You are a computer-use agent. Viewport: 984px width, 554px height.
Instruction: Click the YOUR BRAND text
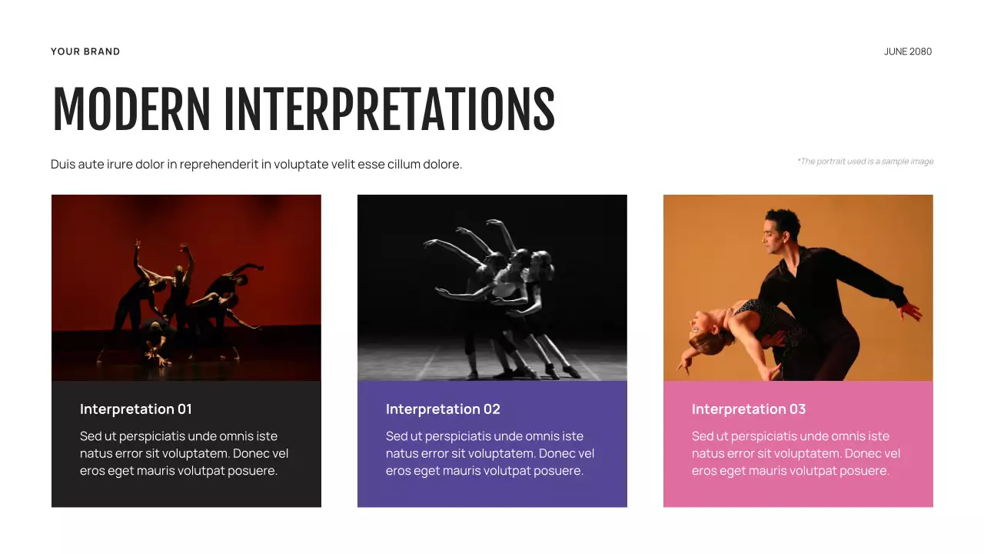[x=85, y=52]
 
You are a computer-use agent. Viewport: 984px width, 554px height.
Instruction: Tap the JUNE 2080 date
[x=907, y=52]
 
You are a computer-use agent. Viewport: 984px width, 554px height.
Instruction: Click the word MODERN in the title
[x=131, y=110]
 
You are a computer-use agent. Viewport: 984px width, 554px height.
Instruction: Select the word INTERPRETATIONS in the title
[x=389, y=110]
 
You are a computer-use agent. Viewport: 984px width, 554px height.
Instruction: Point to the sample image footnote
[x=865, y=162]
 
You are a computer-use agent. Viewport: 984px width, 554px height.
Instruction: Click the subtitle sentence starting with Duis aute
[x=256, y=165]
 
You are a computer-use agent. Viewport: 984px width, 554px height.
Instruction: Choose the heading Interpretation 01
[x=135, y=409]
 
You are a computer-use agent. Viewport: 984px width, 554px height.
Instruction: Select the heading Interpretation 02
[x=442, y=409]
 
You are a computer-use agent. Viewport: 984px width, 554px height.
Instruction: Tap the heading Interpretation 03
[x=748, y=409]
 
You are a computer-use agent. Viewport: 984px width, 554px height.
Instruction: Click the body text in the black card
[x=184, y=453]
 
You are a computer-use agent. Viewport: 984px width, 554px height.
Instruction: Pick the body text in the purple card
[x=490, y=453]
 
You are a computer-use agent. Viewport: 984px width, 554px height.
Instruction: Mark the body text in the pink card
[x=796, y=453]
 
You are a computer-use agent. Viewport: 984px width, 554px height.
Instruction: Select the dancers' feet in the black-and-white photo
[x=538, y=371]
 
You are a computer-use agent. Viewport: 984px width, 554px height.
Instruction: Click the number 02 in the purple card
[x=492, y=409]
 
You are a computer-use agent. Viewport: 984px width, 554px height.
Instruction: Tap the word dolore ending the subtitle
[x=442, y=165]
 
